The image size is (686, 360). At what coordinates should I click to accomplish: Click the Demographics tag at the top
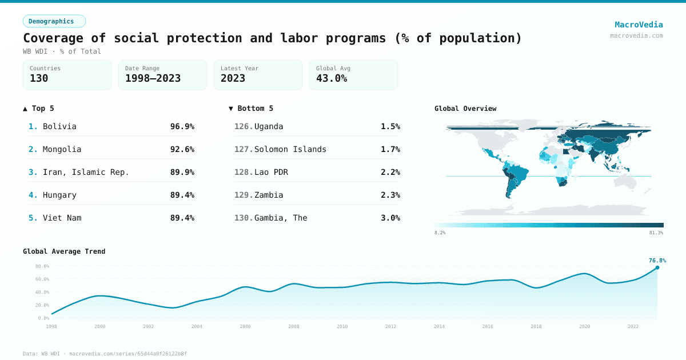click(54, 21)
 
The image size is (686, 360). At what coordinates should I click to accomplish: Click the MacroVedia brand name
click(639, 25)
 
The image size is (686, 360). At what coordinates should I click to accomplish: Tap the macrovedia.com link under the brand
click(636, 35)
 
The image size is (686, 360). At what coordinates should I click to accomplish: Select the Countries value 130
click(39, 78)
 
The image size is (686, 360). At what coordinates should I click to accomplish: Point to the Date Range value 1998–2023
click(153, 78)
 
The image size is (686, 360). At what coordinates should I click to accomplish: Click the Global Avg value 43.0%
click(332, 78)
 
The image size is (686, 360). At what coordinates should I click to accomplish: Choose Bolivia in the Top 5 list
click(59, 126)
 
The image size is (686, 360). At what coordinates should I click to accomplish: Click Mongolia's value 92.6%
click(182, 149)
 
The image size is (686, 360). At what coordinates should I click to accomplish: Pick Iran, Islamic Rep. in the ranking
click(86, 172)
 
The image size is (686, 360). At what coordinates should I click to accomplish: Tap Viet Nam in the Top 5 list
click(62, 218)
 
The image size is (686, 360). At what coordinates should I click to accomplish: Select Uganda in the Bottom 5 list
click(269, 126)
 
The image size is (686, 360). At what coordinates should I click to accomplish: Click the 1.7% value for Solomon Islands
click(390, 149)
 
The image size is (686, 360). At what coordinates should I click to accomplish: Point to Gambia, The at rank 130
click(280, 218)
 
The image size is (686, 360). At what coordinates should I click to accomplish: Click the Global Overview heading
click(465, 109)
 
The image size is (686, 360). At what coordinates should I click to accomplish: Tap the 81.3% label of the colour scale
click(656, 233)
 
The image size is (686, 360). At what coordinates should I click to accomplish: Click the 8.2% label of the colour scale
click(440, 233)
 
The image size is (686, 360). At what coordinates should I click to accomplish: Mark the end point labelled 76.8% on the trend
click(657, 267)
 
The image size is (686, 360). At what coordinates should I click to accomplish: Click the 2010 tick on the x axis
click(342, 326)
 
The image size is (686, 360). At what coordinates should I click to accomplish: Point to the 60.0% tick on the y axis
click(42, 279)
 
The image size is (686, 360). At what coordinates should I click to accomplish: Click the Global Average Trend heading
click(64, 251)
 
